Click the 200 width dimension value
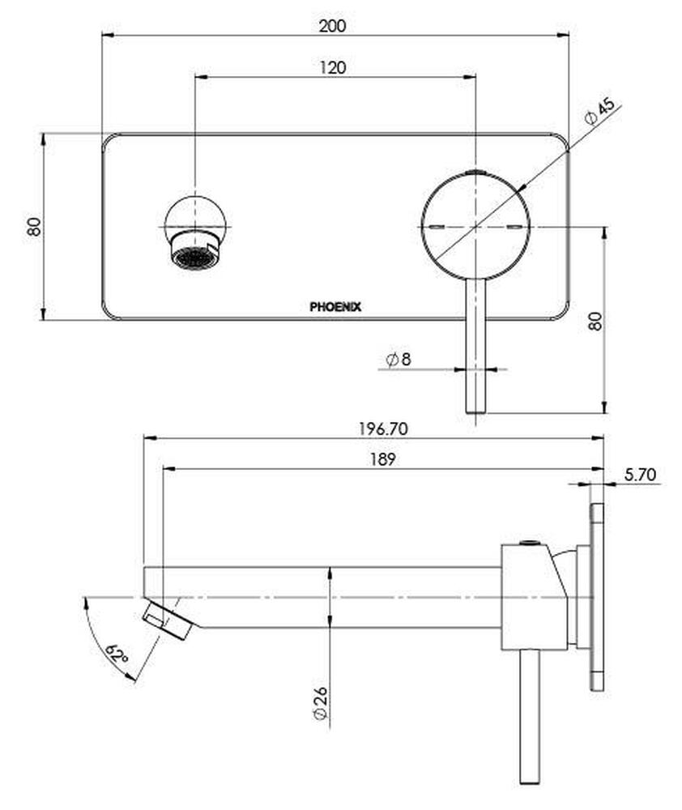[x=332, y=25]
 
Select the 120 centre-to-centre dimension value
[x=332, y=67]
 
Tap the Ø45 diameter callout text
[x=600, y=111]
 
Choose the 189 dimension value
[x=383, y=459]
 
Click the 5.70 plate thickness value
[x=639, y=474]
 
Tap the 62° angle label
[x=117, y=653]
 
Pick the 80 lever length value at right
[x=595, y=320]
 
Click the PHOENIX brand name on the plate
[x=335, y=307]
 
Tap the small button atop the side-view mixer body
[x=529, y=542]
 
